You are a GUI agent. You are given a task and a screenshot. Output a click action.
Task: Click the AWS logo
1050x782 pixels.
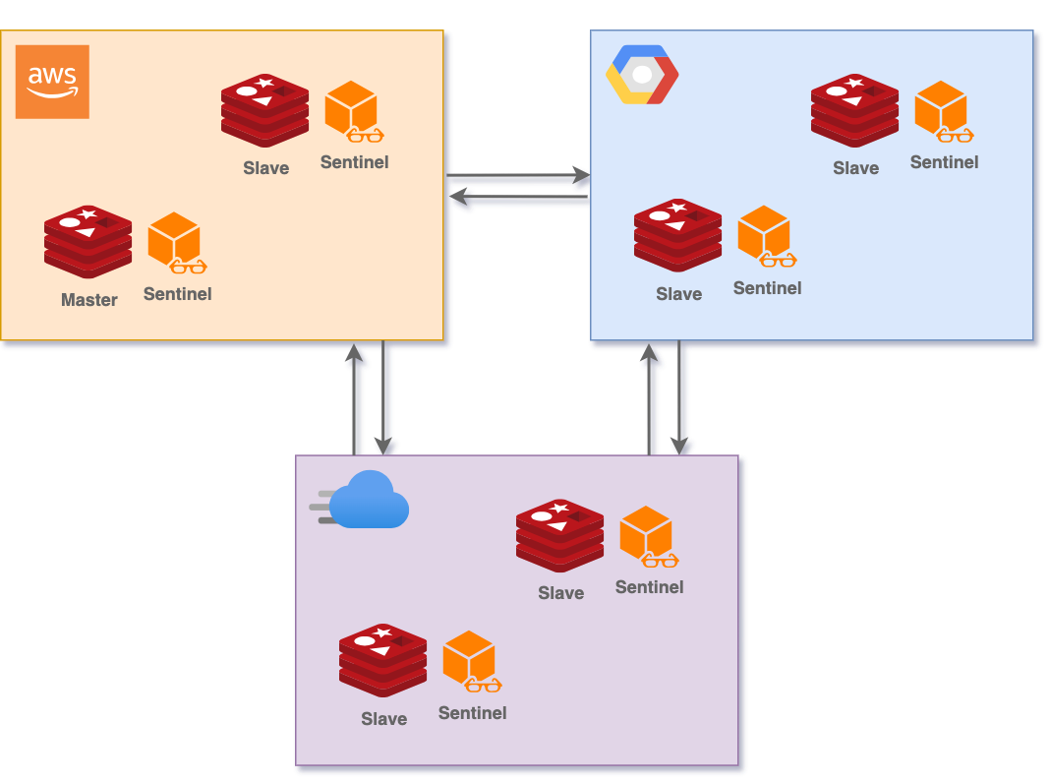tap(52, 82)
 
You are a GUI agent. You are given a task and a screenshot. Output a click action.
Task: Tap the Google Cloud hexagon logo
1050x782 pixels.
tap(642, 75)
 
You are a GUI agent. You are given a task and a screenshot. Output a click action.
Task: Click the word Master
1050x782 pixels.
tap(89, 300)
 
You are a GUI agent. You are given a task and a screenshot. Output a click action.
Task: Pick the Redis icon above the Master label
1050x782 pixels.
tap(87, 241)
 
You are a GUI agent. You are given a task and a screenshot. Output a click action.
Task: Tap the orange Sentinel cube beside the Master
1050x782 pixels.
tap(174, 239)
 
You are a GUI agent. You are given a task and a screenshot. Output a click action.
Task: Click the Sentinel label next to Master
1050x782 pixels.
tap(177, 293)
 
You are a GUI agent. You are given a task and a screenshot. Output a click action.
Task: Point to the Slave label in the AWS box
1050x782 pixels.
tap(266, 168)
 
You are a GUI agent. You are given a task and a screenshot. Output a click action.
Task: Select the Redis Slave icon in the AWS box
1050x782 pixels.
tap(264, 110)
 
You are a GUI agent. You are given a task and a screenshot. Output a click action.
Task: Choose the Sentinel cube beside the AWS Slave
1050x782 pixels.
tap(351, 107)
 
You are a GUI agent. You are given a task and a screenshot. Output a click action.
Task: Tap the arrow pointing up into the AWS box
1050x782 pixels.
tap(357, 398)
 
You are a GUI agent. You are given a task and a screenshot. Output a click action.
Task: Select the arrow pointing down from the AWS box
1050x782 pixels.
tap(385, 398)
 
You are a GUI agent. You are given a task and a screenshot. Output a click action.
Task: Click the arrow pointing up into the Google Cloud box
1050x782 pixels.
tap(651, 398)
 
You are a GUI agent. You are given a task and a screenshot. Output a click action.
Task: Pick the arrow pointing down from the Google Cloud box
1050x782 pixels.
tap(680, 398)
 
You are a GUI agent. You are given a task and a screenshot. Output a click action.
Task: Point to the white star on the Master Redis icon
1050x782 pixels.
tap(88, 214)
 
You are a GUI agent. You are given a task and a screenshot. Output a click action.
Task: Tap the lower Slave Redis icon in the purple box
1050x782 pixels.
tap(382, 660)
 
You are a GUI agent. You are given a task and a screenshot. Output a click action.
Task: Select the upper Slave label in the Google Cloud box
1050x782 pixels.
tap(856, 168)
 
